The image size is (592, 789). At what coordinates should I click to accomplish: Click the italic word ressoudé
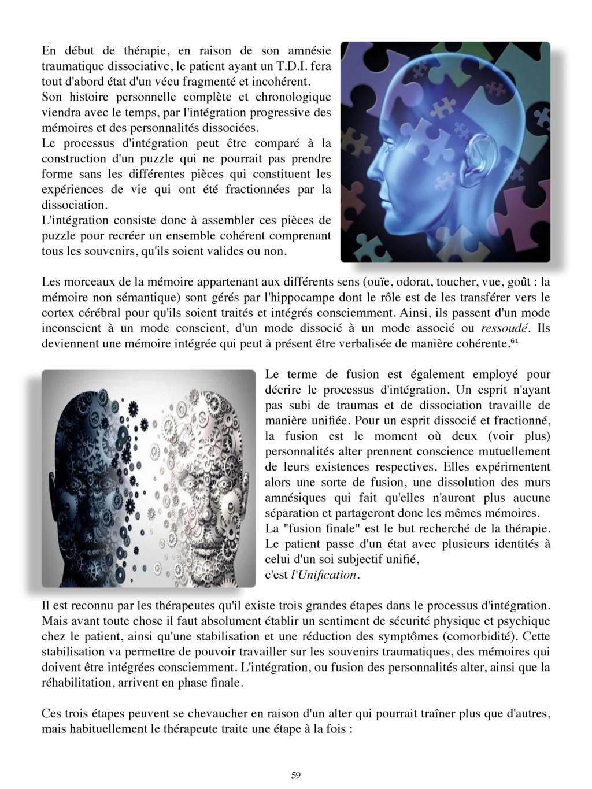coord(506,329)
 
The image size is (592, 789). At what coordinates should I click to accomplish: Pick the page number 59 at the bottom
coord(295,776)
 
